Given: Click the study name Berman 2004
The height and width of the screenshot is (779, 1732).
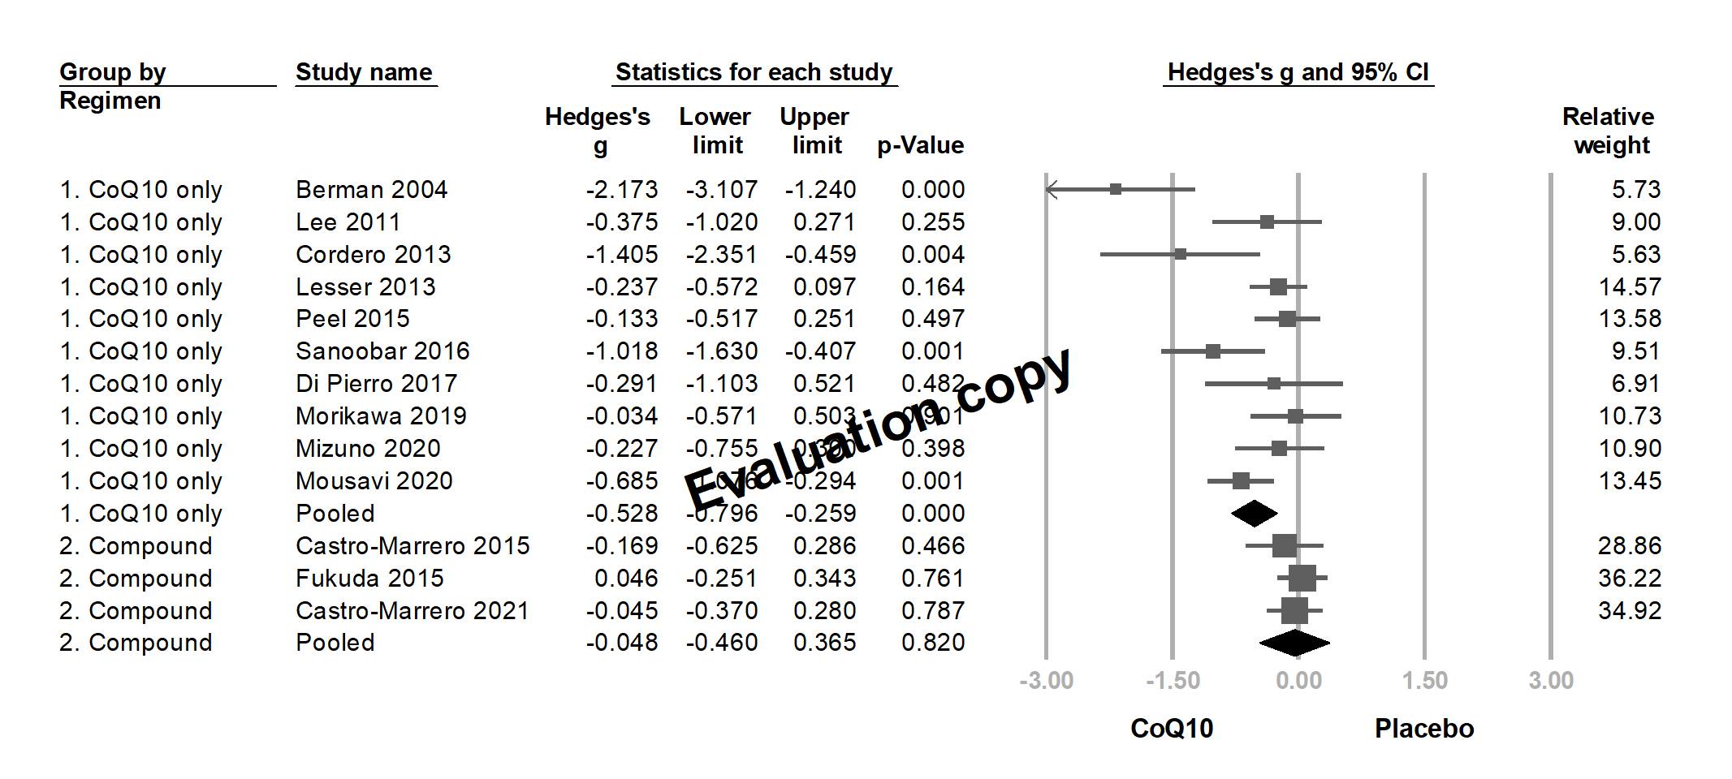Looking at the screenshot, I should click(371, 190).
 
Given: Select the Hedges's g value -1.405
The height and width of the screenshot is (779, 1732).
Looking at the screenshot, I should click(622, 255).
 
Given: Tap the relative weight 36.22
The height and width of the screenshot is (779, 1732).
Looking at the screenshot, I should click(1629, 579).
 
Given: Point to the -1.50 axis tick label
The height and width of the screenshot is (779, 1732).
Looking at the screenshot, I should click(1172, 680).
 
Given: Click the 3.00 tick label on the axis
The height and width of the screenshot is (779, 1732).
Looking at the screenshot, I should click(1550, 680).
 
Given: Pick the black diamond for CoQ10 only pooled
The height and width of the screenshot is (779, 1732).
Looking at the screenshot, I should click(1254, 514).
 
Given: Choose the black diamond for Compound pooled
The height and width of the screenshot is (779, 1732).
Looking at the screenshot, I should click(1294, 643).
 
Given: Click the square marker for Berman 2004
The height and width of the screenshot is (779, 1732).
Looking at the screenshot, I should click(1116, 189).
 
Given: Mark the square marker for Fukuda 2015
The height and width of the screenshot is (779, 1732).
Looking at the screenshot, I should click(1302, 579).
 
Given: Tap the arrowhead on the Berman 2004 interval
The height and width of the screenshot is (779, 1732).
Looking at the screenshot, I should click(1051, 189).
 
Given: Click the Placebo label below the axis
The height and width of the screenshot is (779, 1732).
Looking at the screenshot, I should click(1423, 729).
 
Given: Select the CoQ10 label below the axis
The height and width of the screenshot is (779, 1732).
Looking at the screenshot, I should click(1172, 729).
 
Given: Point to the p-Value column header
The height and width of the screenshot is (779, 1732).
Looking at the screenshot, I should click(920, 146).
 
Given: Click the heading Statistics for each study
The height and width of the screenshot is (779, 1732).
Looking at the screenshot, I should click(754, 72).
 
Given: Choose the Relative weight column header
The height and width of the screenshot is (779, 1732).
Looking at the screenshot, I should click(1609, 131).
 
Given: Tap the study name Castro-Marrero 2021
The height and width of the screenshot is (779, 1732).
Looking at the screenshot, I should click(412, 611).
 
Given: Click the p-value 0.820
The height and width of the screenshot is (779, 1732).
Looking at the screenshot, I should click(933, 643).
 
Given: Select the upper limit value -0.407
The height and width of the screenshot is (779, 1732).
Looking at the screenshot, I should click(820, 351).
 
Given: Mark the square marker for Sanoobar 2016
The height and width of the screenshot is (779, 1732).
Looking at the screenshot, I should click(1212, 351).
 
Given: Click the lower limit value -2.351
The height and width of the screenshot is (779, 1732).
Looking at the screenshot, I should click(721, 255).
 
